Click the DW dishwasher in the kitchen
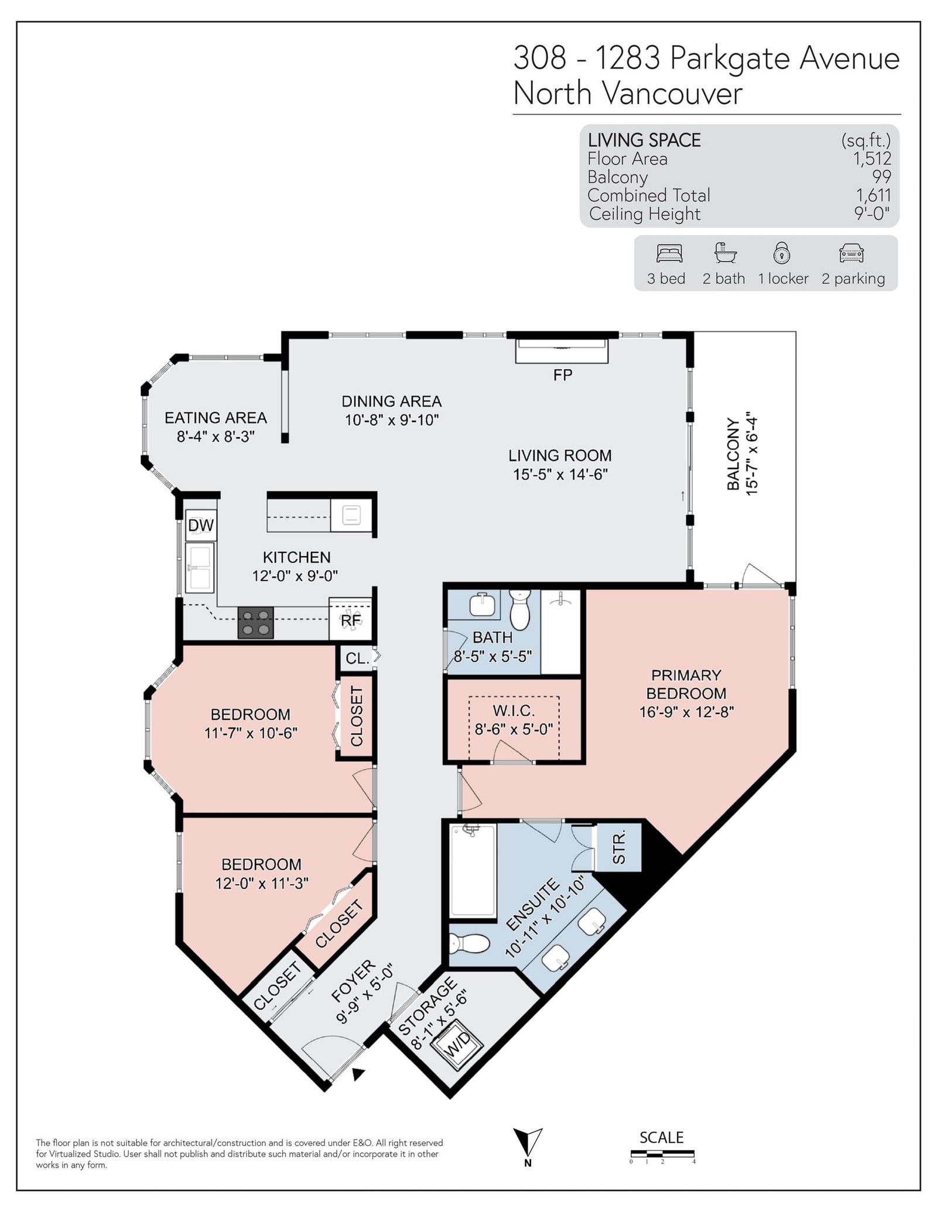coord(200,525)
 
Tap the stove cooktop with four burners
coord(256,622)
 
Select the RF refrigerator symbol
coord(350,619)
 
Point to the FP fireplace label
coord(563,375)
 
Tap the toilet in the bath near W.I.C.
coord(519,609)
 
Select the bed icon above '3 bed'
coord(669,253)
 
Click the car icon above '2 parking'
coord(851,253)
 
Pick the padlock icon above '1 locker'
coord(782,252)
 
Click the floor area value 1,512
coord(872,159)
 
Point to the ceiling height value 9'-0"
coord(872,214)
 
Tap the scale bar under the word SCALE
coord(662,1153)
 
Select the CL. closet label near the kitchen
coord(357,658)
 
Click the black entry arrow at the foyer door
coord(358,1074)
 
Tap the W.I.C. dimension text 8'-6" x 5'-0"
coord(514,730)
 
